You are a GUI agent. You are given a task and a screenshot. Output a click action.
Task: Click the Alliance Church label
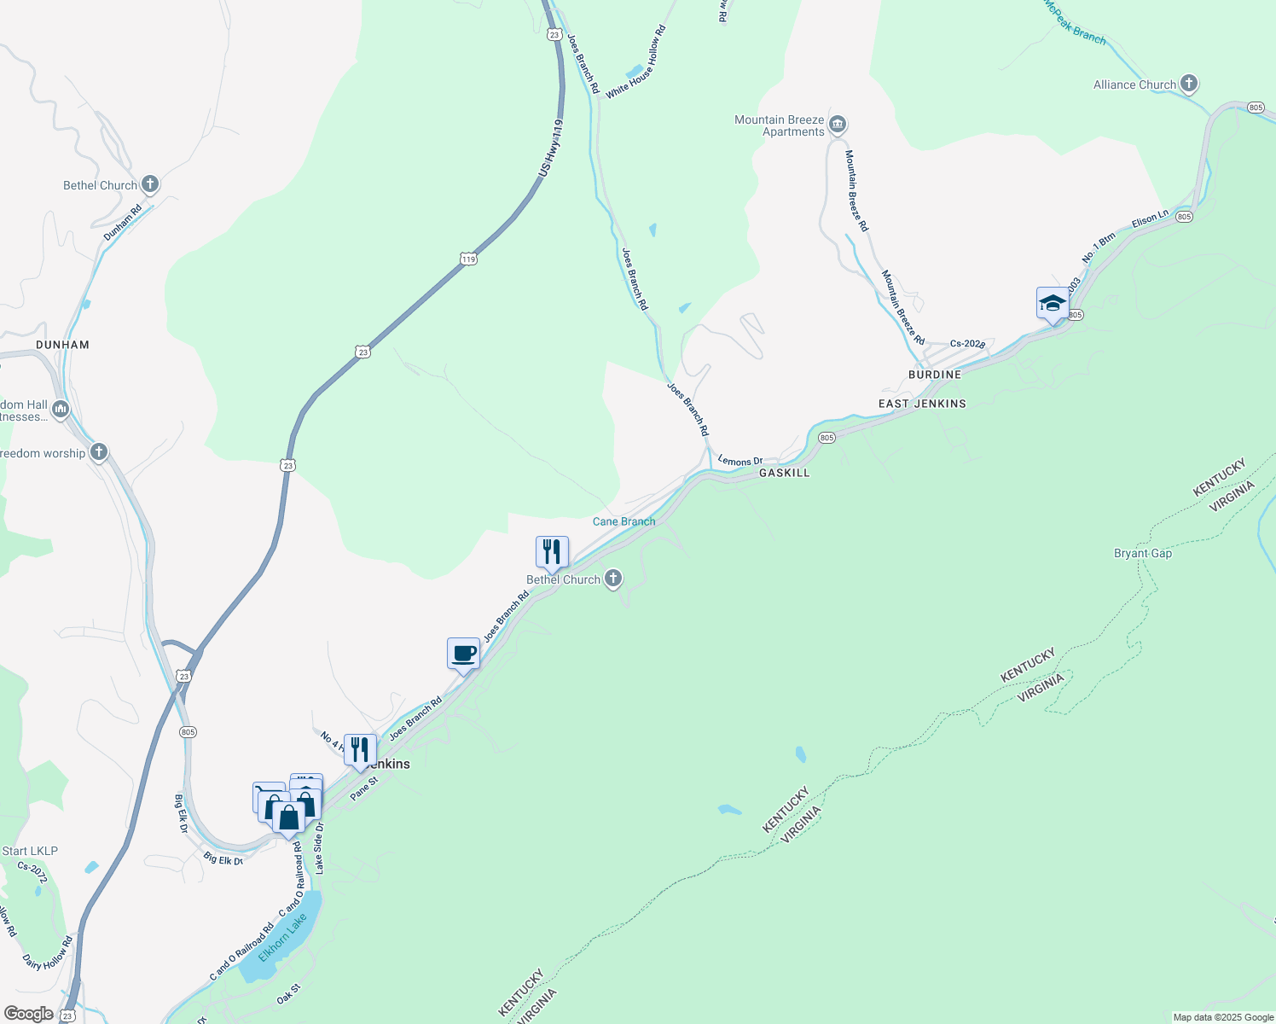pos(1134,84)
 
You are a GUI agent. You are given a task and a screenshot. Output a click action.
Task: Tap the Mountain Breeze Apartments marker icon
pos(838,125)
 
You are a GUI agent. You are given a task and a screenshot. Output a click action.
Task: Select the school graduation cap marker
pos(1053,304)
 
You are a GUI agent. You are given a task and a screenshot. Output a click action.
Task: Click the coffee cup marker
pos(463,655)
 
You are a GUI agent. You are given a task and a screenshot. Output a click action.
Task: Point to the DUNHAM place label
pos(62,345)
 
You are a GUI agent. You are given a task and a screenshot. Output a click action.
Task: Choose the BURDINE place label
pos(935,375)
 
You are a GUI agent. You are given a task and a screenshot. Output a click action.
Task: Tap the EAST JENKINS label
pos(922,404)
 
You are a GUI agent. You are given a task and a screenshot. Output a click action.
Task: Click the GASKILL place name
pos(784,473)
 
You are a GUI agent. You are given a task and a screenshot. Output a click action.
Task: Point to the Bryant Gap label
pos(1143,553)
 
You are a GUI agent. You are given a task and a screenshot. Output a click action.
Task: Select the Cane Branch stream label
pos(624,521)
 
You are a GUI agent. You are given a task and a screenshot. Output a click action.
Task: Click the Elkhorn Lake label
pos(282,937)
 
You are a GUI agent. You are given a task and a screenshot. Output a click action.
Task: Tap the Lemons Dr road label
pos(740,461)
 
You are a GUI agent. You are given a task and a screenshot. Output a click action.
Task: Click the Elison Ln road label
pos(1150,219)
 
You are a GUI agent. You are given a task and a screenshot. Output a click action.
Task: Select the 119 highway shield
pos(467,259)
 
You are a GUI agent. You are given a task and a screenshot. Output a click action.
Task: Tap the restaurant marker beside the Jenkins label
pos(360,749)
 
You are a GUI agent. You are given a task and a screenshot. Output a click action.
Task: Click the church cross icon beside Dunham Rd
pos(150,183)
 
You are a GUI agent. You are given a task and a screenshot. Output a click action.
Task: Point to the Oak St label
pos(289,995)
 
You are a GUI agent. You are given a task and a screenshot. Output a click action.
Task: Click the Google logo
pos(28,1014)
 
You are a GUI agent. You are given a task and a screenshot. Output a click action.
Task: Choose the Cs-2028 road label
pos(967,344)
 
